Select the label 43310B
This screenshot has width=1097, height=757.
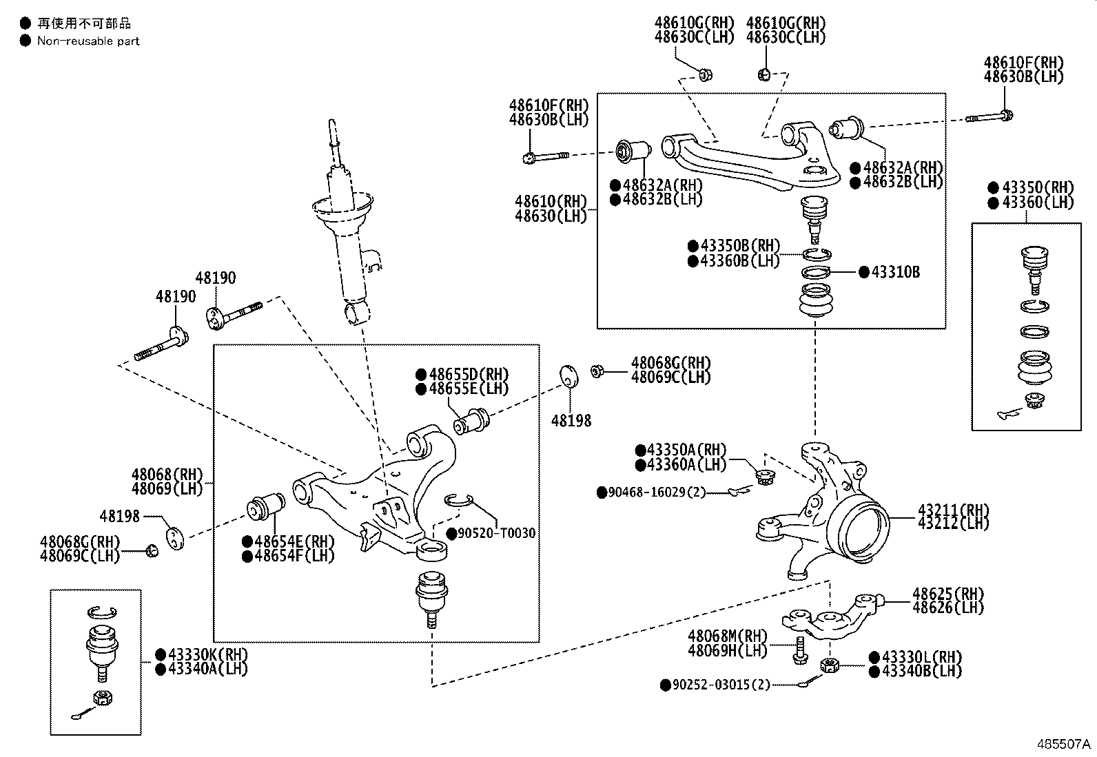tap(895, 272)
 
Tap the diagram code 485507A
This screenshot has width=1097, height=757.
tap(1065, 745)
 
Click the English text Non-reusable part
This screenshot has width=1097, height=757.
tap(88, 41)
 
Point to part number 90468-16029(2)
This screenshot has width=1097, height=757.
tap(657, 492)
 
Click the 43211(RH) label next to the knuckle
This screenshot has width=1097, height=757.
tap(953, 510)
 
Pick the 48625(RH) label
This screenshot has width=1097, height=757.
tap(948, 594)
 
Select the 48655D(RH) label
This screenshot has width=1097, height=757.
tap(469, 375)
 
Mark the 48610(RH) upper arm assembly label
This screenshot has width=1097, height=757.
tap(551, 202)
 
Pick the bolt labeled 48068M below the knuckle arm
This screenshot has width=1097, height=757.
tap(799, 650)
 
